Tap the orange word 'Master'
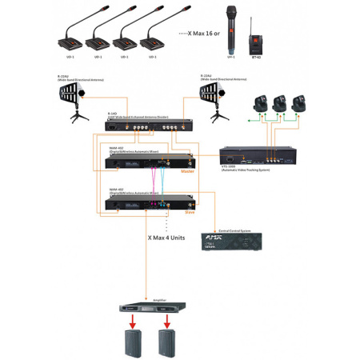pyautogui.click(x=188, y=170)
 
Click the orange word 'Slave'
pyautogui.click(x=190, y=212)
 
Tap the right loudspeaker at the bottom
pyautogui.click(x=166, y=344)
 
